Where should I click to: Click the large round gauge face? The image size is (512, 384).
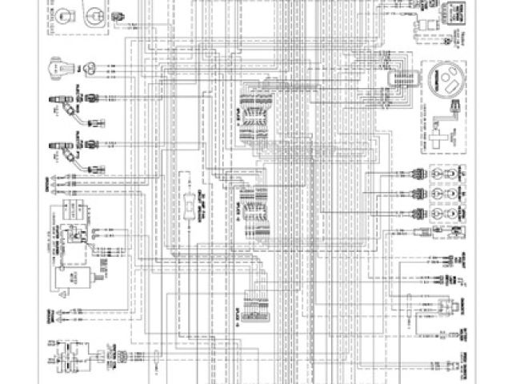441,83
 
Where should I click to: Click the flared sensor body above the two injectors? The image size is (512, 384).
61,69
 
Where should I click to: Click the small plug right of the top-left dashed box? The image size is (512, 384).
120,16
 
